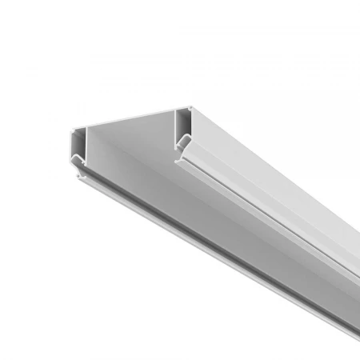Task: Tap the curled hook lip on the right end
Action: pyautogui.click(x=182, y=144)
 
